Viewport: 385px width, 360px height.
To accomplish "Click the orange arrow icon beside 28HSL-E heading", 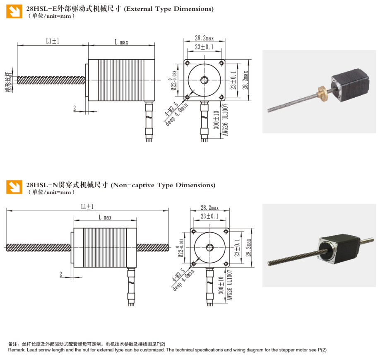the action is [x=14, y=11].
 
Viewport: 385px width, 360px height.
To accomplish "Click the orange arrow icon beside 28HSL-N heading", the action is [x=14, y=187].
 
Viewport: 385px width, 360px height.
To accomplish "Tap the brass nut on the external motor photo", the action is [x=322, y=93].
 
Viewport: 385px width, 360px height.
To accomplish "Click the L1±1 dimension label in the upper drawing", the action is [x=53, y=41].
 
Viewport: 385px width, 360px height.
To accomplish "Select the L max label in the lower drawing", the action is [x=105, y=217].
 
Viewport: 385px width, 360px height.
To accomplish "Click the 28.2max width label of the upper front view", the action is [x=204, y=38].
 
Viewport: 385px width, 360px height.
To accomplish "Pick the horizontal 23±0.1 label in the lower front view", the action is [x=209, y=216].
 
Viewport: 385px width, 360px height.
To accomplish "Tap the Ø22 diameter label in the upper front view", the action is [x=174, y=81].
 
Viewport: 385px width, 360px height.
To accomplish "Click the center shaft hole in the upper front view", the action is [x=204, y=80].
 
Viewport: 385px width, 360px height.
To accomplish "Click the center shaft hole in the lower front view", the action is [x=210, y=247].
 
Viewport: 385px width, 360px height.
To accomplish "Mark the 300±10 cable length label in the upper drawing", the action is [x=216, y=120].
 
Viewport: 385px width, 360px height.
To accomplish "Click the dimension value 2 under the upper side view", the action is [x=75, y=108].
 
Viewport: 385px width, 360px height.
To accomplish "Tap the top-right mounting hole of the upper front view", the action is [x=221, y=63].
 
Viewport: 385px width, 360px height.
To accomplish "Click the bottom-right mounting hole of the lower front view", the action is [x=226, y=263].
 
